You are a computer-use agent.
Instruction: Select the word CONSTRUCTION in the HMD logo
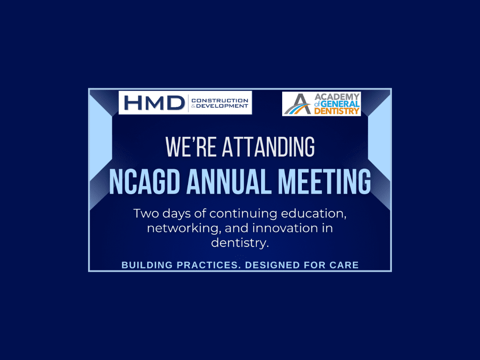click(x=220, y=100)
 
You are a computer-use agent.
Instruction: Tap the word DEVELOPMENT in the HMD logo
click(x=222, y=106)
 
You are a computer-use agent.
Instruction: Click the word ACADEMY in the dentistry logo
click(x=337, y=97)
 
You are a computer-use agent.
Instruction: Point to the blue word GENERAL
click(x=340, y=104)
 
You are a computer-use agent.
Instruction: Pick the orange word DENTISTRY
click(x=337, y=111)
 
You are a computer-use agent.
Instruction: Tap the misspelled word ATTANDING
click(x=268, y=147)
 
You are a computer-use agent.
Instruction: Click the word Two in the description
click(x=146, y=213)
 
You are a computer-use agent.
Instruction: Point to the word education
click(x=314, y=213)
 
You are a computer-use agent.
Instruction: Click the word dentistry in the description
click(x=240, y=243)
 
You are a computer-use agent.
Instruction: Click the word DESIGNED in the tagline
click(x=272, y=265)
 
